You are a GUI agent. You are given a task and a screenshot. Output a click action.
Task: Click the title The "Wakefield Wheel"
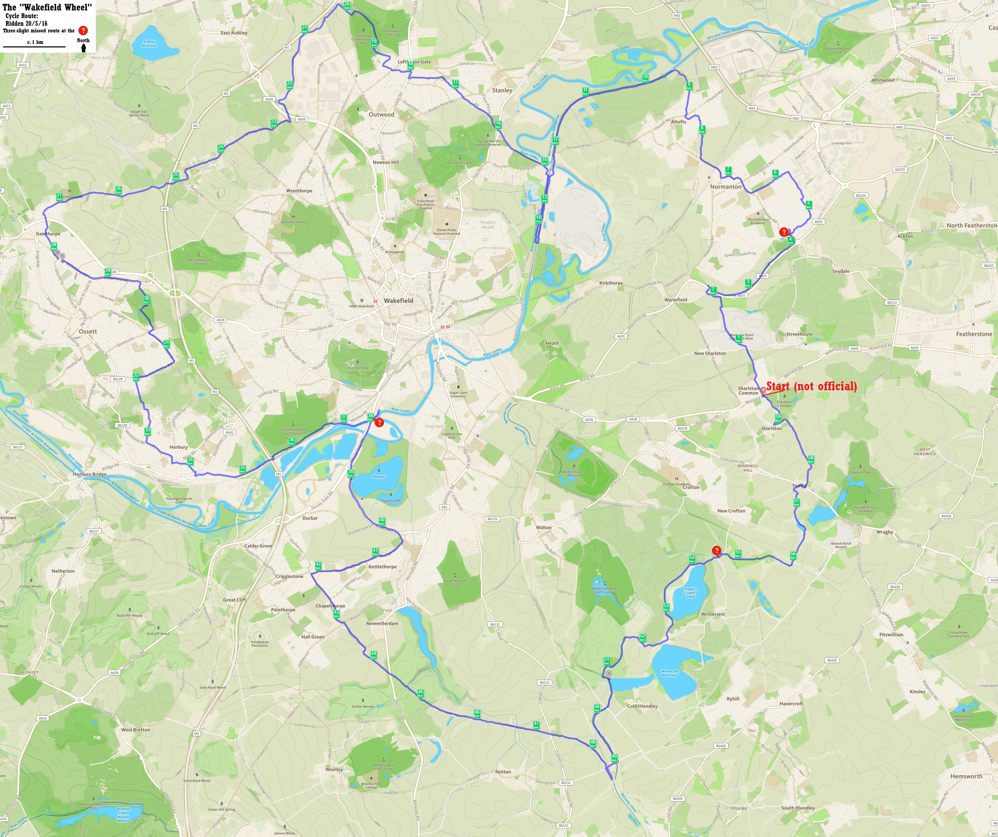[47, 7]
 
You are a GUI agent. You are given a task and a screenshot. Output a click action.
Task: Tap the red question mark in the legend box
[83, 30]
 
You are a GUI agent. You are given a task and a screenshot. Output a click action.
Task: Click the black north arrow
[84, 47]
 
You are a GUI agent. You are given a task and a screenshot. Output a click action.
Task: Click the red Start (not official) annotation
[811, 386]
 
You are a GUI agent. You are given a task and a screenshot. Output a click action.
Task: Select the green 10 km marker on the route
[645, 78]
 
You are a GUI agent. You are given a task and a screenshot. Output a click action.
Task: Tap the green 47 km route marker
[536, 725]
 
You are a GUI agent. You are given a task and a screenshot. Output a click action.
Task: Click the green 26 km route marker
[118, 190]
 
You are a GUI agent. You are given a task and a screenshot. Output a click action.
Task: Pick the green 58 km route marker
[811, 459]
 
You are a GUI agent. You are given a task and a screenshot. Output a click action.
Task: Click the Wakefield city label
[398, 301]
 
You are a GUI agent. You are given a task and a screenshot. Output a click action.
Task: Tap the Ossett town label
[87, 331]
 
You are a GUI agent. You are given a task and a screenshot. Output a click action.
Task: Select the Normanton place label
[726, 187]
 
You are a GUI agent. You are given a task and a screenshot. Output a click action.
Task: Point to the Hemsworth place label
[966, 776]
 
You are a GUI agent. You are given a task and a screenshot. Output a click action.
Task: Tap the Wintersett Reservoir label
[670, 673]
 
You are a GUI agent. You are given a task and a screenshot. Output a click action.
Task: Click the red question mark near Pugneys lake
[379, 422]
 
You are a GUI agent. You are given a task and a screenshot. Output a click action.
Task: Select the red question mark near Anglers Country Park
[717, 551]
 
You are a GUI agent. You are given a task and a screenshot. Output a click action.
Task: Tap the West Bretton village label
[136, 730]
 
